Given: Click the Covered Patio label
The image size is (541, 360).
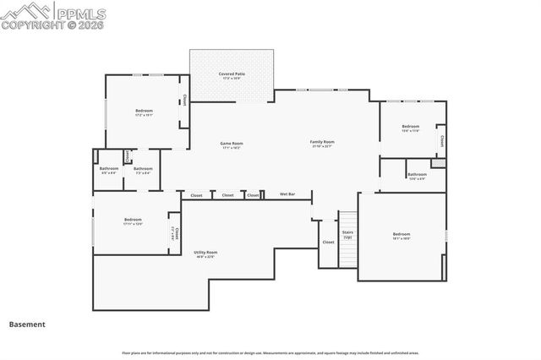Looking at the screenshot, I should click(x=232, y=74).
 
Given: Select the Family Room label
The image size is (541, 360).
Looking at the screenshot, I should click(x=322, y=142).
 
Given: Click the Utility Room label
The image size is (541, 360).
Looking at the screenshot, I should click(x=205, y=252).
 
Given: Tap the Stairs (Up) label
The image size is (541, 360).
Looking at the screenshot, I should click(x=347, y=234).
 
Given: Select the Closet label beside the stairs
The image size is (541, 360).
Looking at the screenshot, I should click(x=328, y=242).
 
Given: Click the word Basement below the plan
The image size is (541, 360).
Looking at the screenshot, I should click(x=27, y=324).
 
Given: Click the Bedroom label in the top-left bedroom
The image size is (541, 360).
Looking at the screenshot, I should click(x=144, y=111).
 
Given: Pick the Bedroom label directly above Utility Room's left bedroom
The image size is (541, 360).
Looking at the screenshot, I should click(x=133, y=220).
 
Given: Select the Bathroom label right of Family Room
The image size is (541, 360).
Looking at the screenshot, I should click(x=417, y=174).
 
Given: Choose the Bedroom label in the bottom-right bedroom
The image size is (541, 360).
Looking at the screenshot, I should click(x=401, y=234).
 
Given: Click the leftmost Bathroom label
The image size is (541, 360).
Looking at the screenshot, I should click(x=108, y=168).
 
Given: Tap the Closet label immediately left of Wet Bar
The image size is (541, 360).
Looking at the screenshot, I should click(x=253, y=195).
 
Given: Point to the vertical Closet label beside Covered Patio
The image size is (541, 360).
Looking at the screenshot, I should click(x=184, y=100).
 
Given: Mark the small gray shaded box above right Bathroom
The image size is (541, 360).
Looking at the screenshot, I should click(x=438, y=162).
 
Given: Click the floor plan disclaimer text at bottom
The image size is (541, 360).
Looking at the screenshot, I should click(x=270, y=353).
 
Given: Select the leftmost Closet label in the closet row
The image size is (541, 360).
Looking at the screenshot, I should click(x=196, y=195).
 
